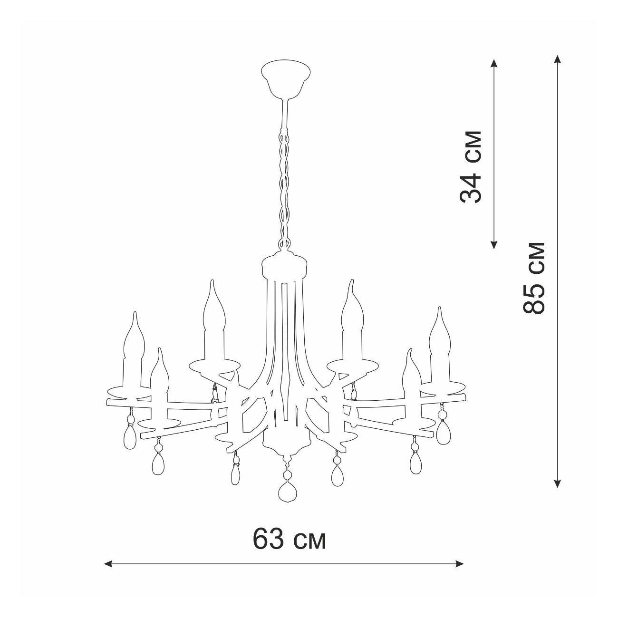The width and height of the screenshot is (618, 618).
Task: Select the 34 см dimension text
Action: coord(471,166)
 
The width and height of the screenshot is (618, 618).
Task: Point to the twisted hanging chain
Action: coord(284,189)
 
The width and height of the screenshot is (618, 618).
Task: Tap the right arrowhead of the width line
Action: coord(459,572)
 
